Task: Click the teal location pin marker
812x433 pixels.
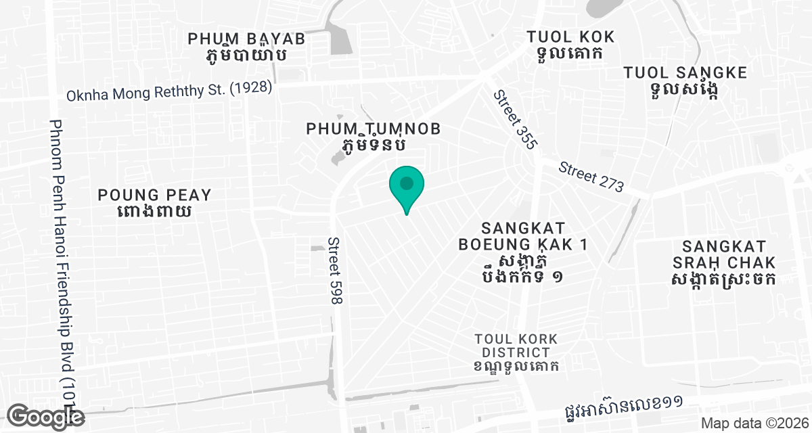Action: (x=406, y=185)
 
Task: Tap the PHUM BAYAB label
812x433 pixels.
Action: (x=246, y=39)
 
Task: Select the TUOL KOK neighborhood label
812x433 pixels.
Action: (x=570, y=37)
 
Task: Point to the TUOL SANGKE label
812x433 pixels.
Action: (x=685, y=72)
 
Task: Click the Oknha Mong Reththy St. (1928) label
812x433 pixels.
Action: (x=169, y=91)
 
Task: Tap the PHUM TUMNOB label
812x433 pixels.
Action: (x=374, y=128)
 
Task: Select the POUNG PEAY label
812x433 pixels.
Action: (x=155, y=195)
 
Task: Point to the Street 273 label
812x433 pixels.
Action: (x=591, y=177)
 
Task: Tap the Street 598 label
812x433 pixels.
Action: (x=334, y=270)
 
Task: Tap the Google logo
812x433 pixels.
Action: (x=47, y=416)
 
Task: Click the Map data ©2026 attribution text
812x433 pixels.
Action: (x=754, y=423)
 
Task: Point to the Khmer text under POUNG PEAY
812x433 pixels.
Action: (x=155, y=212)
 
